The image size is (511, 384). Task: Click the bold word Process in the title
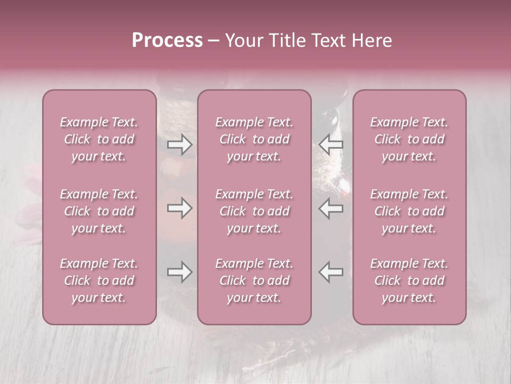[167, 41]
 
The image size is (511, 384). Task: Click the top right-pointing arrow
[179, 144]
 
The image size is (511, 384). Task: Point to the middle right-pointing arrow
[179, 208]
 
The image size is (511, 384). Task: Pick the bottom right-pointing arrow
[179, 272]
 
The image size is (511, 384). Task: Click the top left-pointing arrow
[331, 144]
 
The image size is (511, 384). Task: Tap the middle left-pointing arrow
[331, 208]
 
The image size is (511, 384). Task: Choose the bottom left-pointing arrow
[331, 272]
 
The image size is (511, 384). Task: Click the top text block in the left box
[99, 139]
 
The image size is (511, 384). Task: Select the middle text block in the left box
[99, 211]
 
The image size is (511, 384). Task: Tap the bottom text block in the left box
[99, 281]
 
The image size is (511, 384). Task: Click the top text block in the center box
[254, 139]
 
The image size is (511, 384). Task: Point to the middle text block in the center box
[254, 211]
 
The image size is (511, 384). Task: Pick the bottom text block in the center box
[254, 281]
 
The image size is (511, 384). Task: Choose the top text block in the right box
[409, 139]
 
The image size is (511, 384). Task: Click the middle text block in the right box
[409, 211]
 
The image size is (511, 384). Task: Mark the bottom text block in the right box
[409, 281]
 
